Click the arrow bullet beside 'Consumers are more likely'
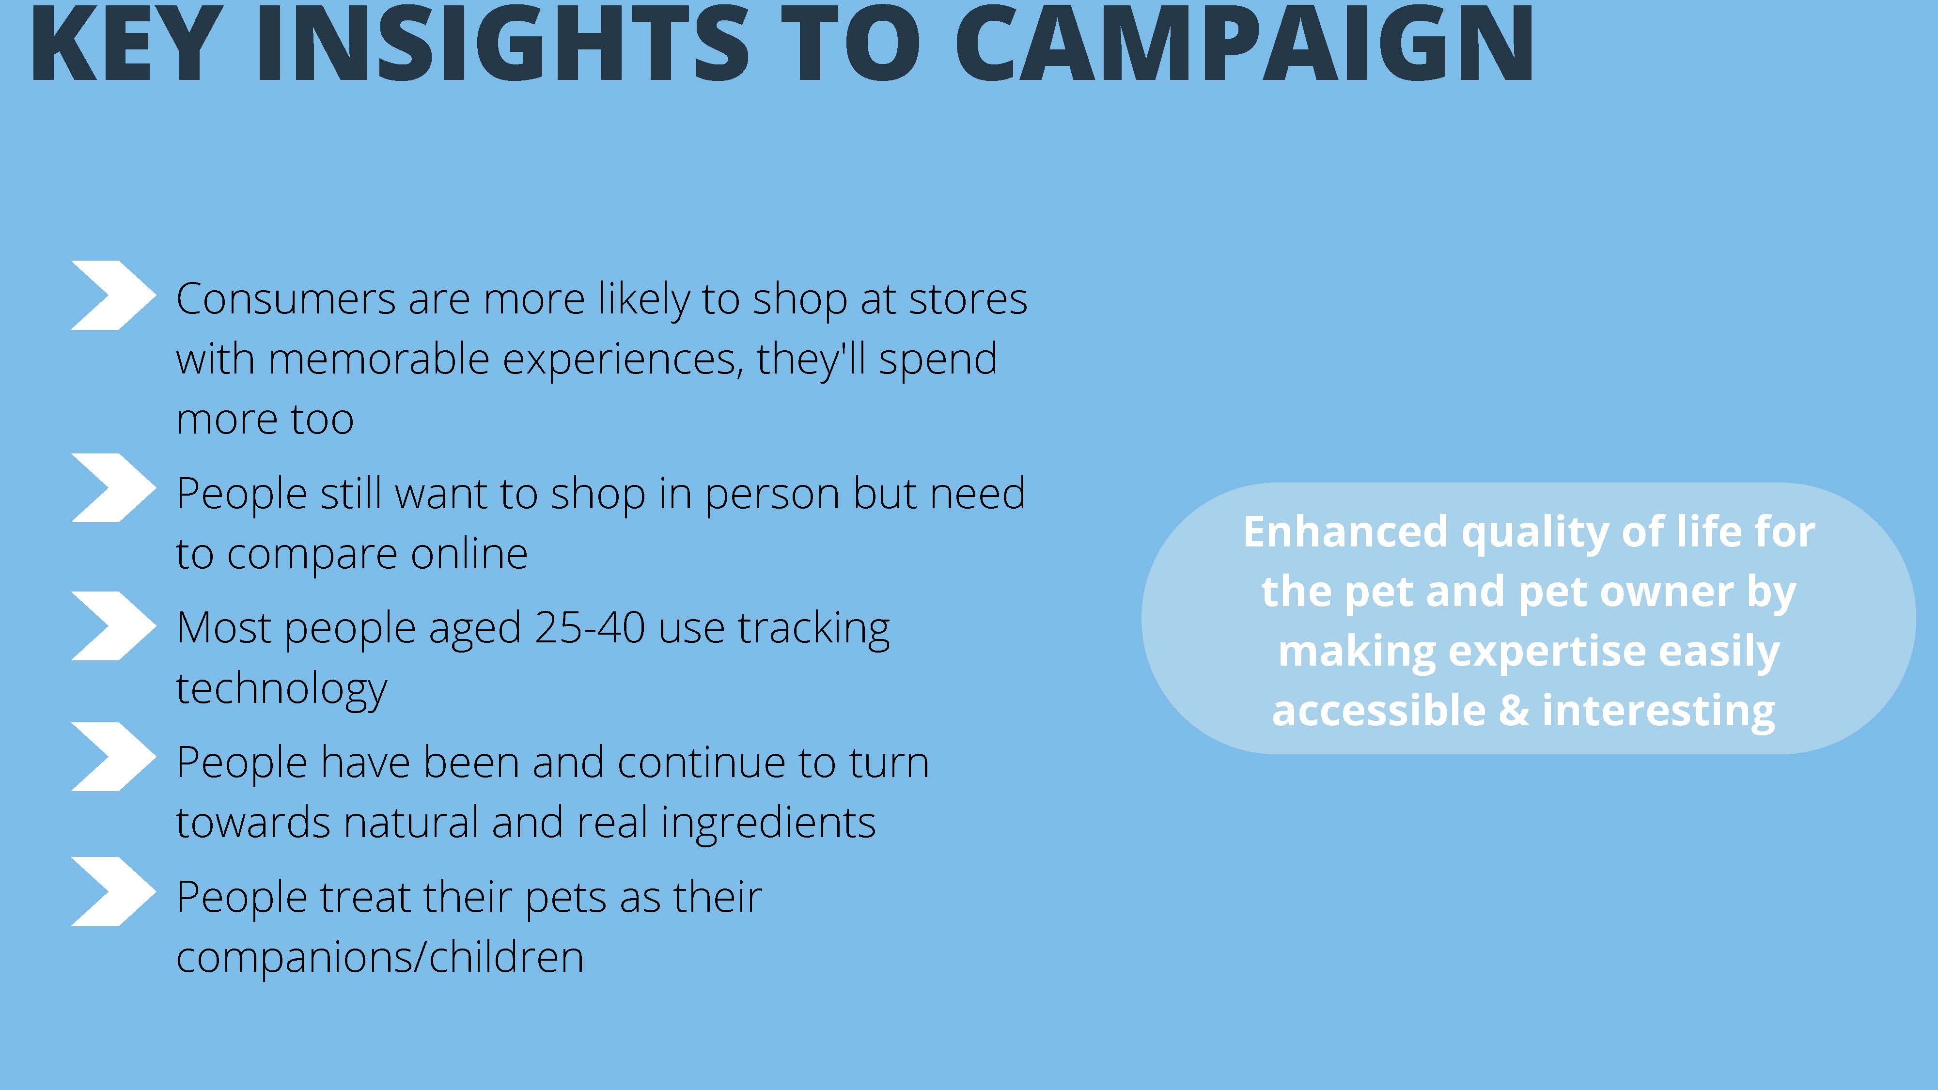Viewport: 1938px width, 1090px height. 113,295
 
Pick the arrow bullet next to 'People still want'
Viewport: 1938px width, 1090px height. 113,487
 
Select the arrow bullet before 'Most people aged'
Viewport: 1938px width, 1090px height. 113,626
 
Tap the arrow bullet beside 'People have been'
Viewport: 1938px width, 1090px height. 113,757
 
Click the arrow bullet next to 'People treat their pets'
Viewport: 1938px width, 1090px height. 113,891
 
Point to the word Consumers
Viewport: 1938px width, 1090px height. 286,299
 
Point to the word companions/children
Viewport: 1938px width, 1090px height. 380,958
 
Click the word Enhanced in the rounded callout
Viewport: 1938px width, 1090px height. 1345,532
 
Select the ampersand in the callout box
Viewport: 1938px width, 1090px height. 1514,711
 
